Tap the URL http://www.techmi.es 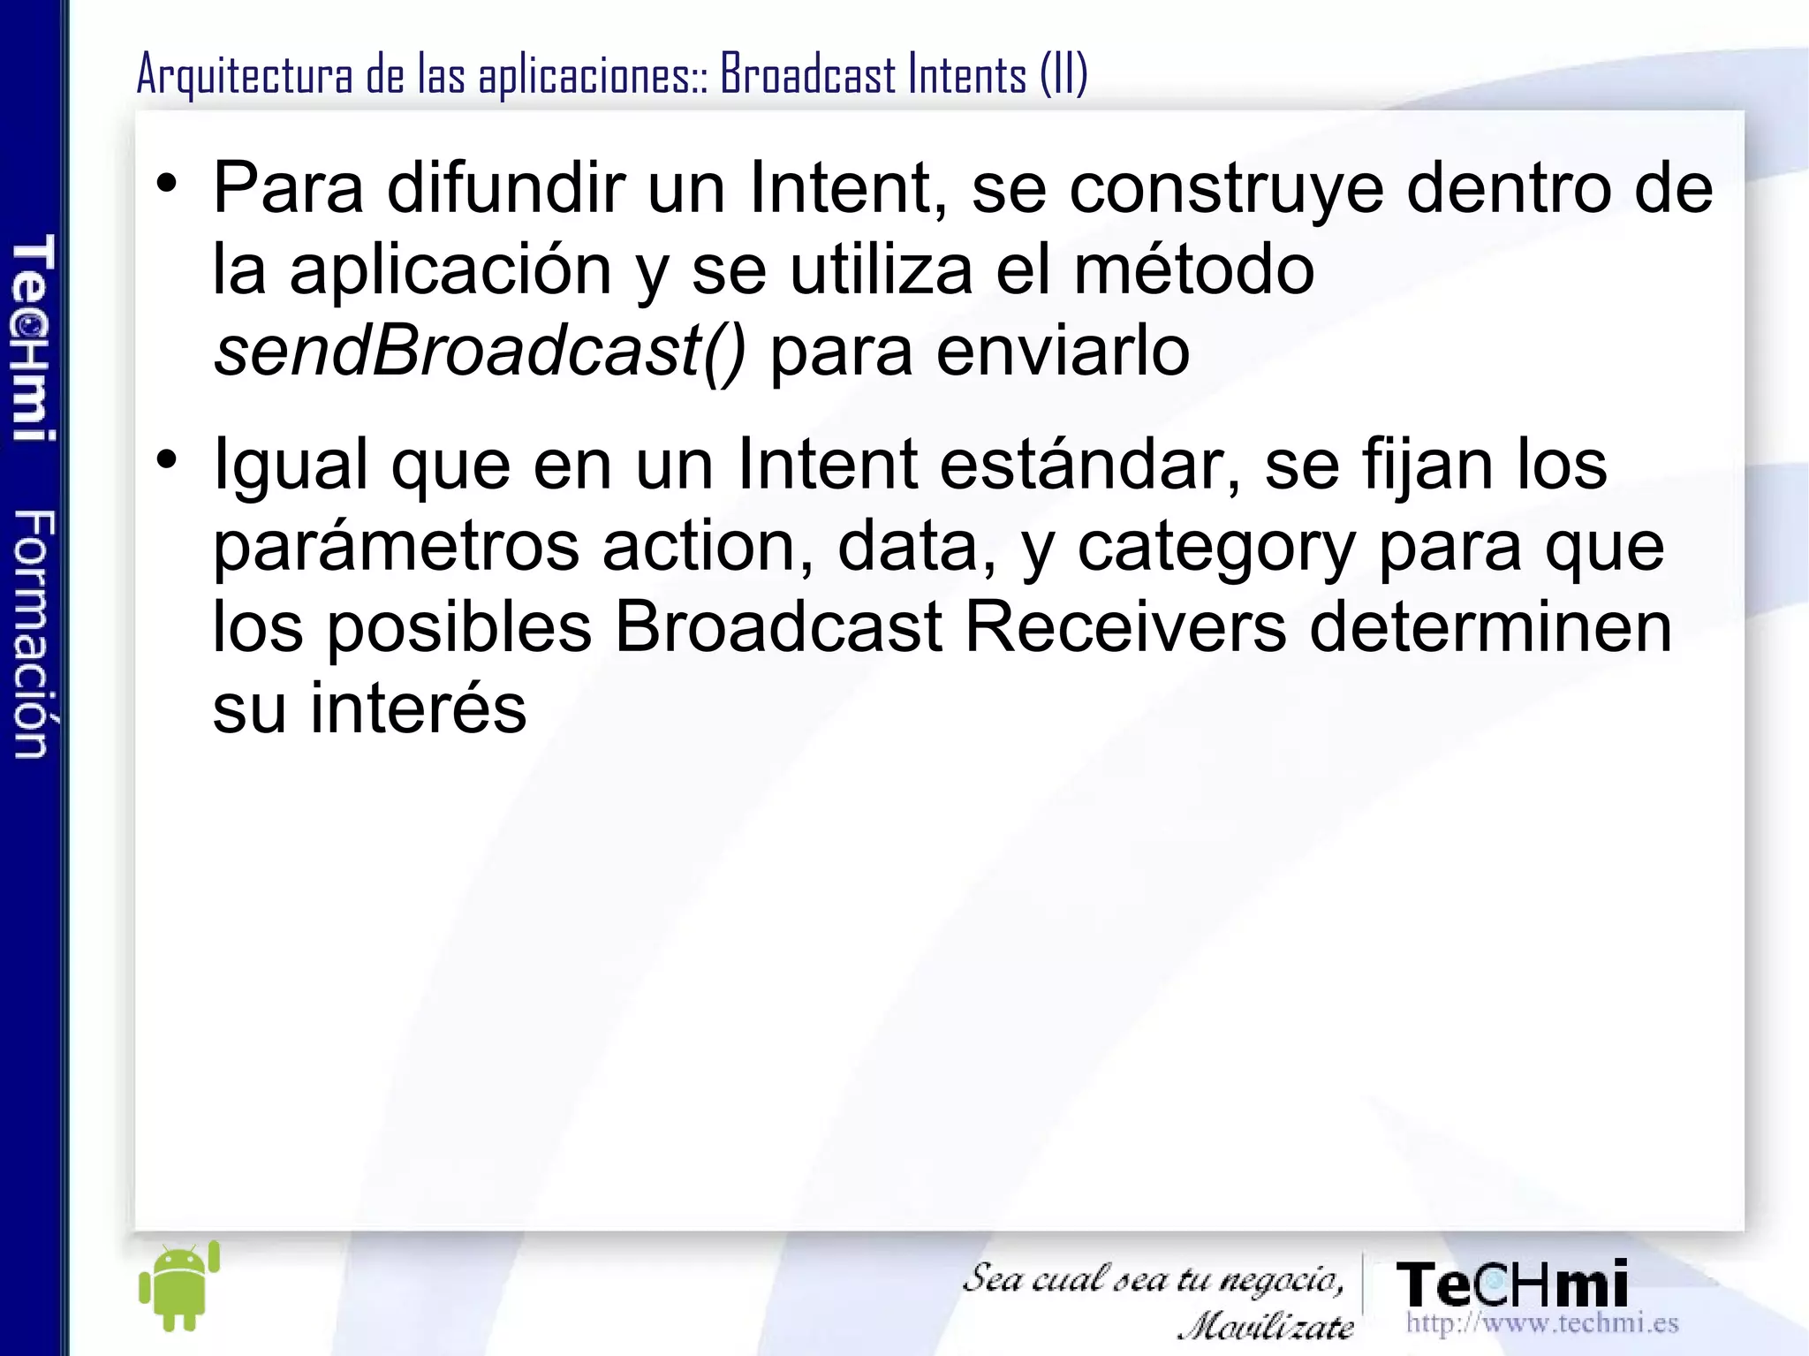pyautogui.click(x=1541, y=1323)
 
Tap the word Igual pyautogui.click(x=291, y=466)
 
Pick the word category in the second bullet pyautogui.click(x=1216, y=548)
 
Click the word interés pyautogui.click(x=418, y=708)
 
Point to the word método pyautogui.click(x=1193, y=269)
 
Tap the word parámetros pyautogui.click(x=396, y=548)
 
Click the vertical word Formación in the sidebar pyautogui.click(x=34, y=633)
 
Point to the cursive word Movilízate pyautogui.click(x=1266, y=1325)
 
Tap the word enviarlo pyautogui.click(x=1063, y=352)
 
